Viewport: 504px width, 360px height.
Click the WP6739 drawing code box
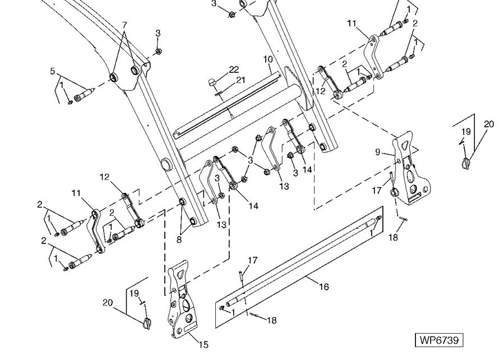(440, 340)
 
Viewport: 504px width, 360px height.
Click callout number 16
(323, 287)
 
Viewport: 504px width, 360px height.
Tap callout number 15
(204, 344)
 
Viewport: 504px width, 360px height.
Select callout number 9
(377, 151)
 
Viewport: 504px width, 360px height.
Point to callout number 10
(267, 59)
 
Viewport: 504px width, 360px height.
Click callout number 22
(234, 69)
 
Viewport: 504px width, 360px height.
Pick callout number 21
(240, 80)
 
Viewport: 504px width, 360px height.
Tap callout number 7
(124, 25)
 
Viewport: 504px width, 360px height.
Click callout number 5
(53, 71)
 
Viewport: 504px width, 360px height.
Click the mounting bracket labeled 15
(181, 300)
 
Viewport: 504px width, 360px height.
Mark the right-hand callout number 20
(489, 124)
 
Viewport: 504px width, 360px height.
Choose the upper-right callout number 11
(352, 24)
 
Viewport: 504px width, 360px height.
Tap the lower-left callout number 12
(104, 177)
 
